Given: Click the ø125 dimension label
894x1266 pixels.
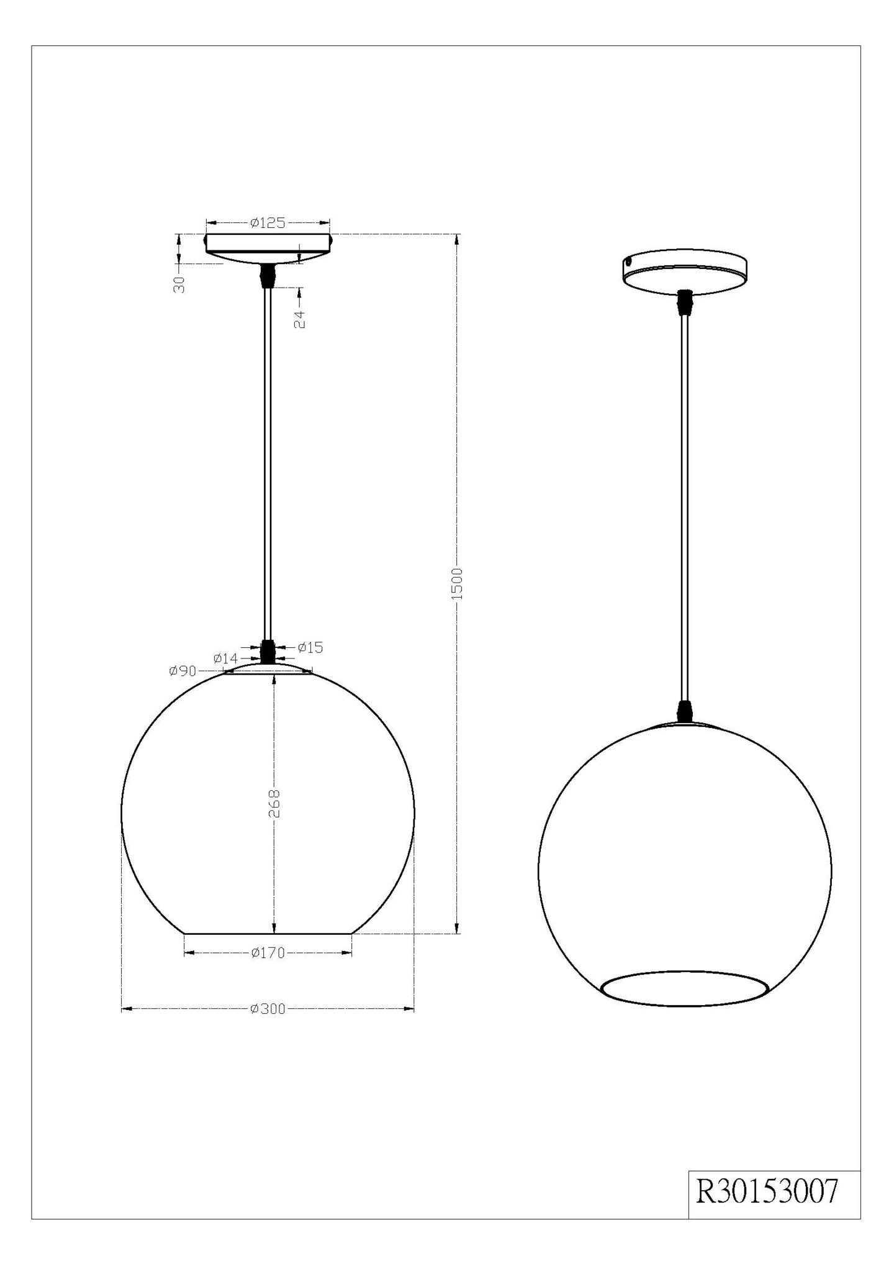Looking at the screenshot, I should point(268,223).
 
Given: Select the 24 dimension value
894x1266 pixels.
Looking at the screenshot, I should point(300,319).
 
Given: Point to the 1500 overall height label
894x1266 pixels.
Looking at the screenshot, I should point(458,583).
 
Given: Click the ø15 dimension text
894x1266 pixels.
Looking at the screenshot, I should point(310,647).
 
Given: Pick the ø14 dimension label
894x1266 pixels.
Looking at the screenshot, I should point(225,658).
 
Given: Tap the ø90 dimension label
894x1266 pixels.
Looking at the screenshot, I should point(183,671).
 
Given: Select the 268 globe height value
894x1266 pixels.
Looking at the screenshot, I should point(275,803).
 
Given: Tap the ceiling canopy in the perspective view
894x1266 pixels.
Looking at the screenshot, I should point(685,273).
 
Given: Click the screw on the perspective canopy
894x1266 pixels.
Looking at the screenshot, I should point(628,262).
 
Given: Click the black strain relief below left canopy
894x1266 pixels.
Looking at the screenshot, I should point(268,275).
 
